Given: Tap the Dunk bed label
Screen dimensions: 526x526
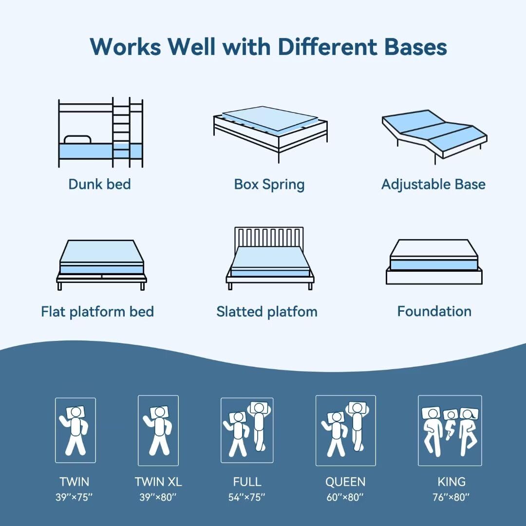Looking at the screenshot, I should pyautogui.click(x=99, y=184).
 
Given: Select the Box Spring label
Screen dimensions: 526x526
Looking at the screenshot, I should pyautogui.click(x=269, y=185).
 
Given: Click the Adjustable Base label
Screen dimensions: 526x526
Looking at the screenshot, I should pyautogui.click(x=433, y=185).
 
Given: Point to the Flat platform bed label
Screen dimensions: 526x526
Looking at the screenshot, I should pyautogui.click(x=97, y=312).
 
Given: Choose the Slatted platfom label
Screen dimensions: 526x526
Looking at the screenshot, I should pyautogui.click(x=267, y=312).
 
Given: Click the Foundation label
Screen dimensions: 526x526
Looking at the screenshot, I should pyautogui.click(x=434, y=311).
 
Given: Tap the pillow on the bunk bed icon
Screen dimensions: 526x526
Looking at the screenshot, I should pyautogui.click(x=77, y=139).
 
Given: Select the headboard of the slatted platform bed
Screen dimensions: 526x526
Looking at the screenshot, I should pyautogui.click(x=269, y=237).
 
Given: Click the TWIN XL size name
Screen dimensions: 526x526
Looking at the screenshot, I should pyautogui.click(x=158, y=482).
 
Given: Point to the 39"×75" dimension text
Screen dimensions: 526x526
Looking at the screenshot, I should pyautogui.click(x=75, y=497).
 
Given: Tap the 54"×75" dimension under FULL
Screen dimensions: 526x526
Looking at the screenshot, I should pyautogui.click(x=247, y=497).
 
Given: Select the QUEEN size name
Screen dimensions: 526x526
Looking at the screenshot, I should pyautogui.click(x=345, y=482).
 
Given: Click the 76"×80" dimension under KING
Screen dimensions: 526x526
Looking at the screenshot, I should pyautogui.click(x=451, y=497).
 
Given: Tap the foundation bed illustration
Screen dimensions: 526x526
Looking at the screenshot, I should pyautogui.click(x=434, y=262).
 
